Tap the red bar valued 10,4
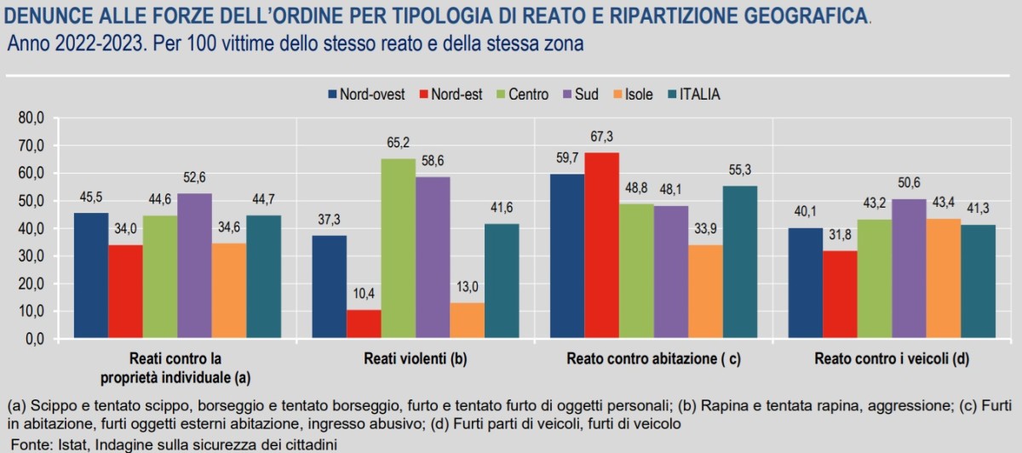pos(363,324)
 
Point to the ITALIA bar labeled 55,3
pos(739,262)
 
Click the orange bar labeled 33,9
pos(705,291)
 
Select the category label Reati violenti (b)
pos(415,358)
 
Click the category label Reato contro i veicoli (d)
pos(892,358)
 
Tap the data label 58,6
pos(432,165)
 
